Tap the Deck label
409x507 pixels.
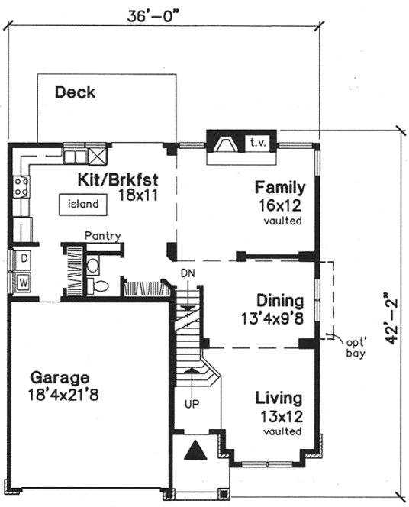click(75, 93)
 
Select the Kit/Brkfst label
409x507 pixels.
click(118, 180)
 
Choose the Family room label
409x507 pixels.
click(280, 187)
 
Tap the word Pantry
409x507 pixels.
click(102, 236)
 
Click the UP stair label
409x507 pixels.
click(192, 402)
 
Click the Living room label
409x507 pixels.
click(279, 399)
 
